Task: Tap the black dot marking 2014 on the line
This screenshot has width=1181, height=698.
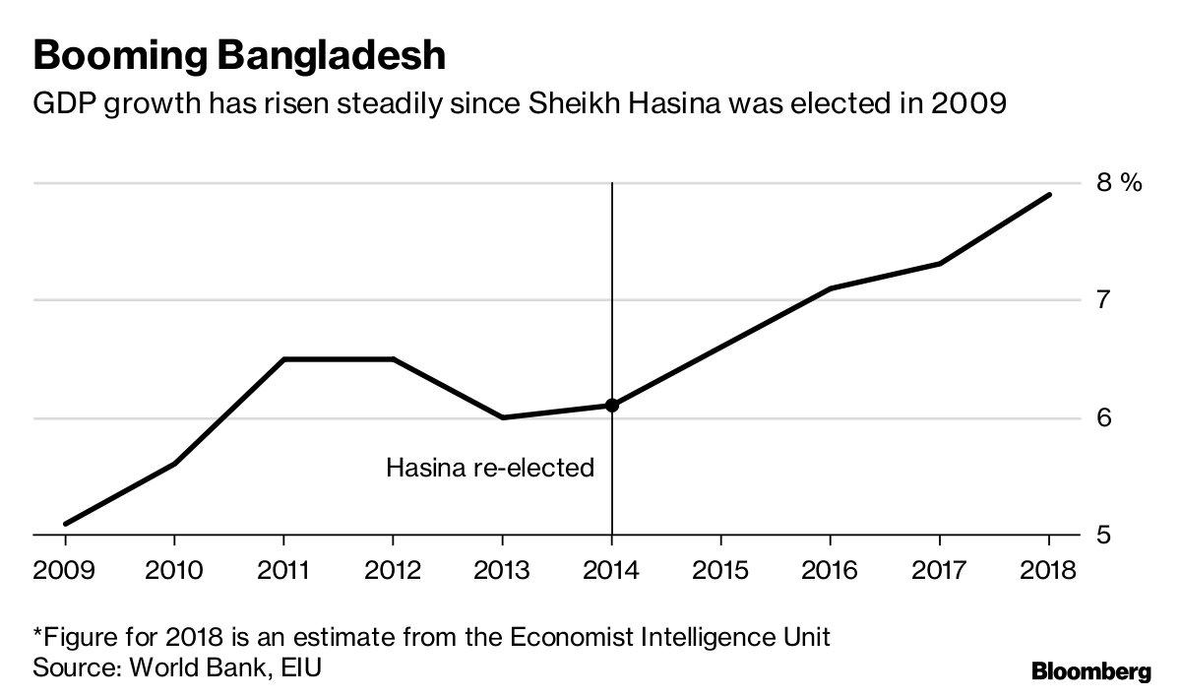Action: tap(612, 405)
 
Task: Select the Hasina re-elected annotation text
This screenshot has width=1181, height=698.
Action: tap(490, 467)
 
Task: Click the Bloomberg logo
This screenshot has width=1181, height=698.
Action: tap(1090, 672)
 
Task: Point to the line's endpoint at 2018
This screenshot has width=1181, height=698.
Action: tap(1049, 195)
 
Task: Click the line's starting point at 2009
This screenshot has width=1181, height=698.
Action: tap(65, 524)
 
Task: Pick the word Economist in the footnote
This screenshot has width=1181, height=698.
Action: tap(565, 637)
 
